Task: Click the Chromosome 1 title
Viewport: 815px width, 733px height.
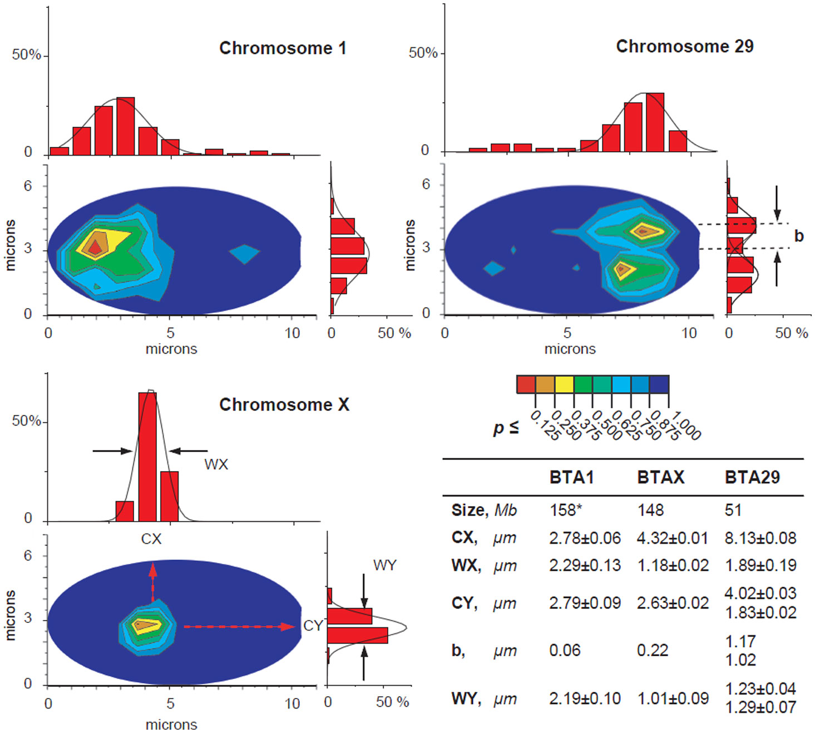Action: click(283, 48)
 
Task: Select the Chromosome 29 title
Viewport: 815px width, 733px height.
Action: click(684, 46)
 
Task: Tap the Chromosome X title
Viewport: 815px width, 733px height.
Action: click(284, 404)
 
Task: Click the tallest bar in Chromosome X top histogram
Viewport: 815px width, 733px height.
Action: click(147, 456)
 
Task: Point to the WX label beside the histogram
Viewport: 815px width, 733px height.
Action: click(216, 464)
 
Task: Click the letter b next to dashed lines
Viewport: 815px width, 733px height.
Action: click(799, 236)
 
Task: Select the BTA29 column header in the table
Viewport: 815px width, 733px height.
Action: click(752, 477)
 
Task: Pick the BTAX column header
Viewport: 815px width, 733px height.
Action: click(660, 477)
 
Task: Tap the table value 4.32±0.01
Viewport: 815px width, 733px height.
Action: click(672, 538)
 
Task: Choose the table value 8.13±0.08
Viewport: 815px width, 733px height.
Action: click(760, 538)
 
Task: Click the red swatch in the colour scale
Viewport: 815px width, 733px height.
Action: click(526, 384)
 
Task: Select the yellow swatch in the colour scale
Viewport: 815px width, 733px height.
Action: click(564, 384)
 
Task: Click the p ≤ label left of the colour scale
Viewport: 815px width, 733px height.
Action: click(506, 428)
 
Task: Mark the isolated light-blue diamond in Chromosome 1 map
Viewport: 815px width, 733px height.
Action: click(244, 254)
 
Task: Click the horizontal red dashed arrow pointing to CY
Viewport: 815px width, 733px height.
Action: click(239, 627)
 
